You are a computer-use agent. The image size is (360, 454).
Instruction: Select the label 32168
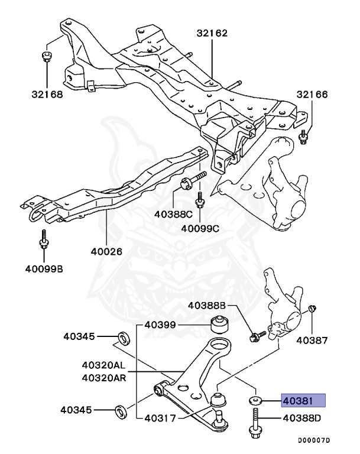pos(47,93)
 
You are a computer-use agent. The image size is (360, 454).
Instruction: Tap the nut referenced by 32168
pos(47,57)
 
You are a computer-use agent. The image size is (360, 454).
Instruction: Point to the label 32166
pos(312,95)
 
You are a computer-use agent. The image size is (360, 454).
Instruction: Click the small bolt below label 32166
pos(303,138)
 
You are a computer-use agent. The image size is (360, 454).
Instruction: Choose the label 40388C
pos(173,213)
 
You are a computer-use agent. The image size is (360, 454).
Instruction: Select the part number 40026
pos(106,251)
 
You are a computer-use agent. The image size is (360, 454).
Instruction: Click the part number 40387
pos(310,340)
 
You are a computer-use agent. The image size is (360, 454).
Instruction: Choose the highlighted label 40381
pos(303,400)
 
